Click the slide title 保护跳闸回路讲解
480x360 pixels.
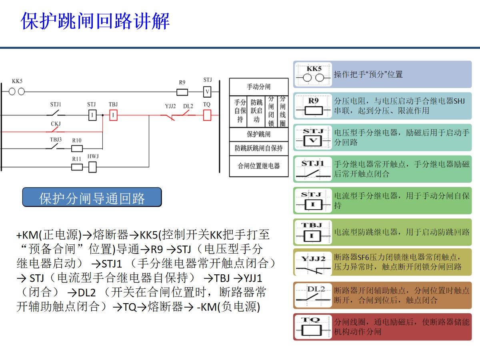click(x=96, y=21)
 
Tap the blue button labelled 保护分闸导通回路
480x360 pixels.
click(x=92, y=198)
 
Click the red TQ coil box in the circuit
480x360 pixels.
click(x=207, y=116)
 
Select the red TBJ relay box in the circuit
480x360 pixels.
click(x=113, y=116)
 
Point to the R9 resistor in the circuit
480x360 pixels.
click(x=182, y=92)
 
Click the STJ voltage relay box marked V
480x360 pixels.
click(x=207, y=92)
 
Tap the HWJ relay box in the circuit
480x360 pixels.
click(x=92, y=167)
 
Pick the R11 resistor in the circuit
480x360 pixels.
click(x=77, y=167)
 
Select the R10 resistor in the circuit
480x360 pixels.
click(x=77, y=149)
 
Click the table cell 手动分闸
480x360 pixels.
click(x=258, y=87)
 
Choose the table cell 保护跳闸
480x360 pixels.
click(x=258, y=134)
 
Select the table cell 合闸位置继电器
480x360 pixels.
click(x=258, y=166)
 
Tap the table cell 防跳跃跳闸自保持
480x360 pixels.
click(x=258, y=148)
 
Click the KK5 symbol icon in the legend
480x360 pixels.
click(x=314, y=74)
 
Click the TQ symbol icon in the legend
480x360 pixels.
click(x=314, y=327)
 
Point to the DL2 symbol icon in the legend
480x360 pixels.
click(x=314, y=295)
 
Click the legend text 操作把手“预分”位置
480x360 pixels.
click(x=368, y=74)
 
